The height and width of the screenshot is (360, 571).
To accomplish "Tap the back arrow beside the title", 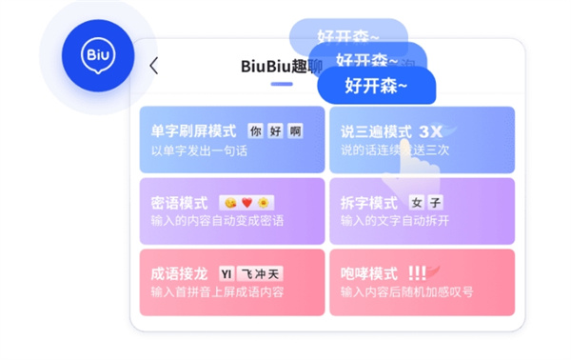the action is coord(154,67).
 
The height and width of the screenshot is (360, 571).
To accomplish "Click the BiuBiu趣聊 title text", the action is coord(282,67).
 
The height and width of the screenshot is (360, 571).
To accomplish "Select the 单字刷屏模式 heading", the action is coord(193,130).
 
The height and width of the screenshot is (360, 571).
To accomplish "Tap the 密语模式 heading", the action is coord(179,203).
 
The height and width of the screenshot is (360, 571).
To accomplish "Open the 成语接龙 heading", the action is coord(179,273).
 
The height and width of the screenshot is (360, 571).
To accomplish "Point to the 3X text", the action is coord(430,131).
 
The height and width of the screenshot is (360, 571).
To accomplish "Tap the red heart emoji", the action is coord(246,203).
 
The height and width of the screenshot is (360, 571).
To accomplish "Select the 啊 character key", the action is coord(295,130).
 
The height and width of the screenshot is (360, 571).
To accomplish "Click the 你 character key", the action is coord(255,130).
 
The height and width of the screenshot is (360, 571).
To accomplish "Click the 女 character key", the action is coord(416,203).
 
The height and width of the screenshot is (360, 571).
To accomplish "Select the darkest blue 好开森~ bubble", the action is coord(376,86).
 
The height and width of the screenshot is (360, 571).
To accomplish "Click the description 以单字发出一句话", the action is coord(199,151).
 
